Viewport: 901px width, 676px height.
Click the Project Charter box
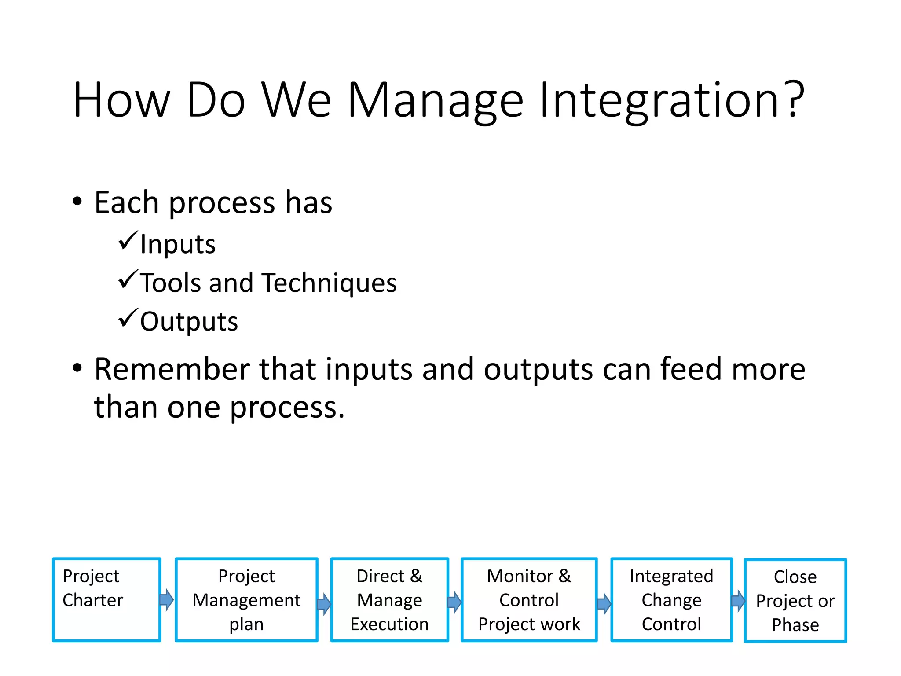pos(106,599)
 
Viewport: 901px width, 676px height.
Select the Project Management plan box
pos(246,599)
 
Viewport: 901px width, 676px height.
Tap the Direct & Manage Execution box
pos(389,599)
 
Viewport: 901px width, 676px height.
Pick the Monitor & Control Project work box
pos(529,599)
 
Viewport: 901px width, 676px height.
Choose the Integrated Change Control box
pos(671,599)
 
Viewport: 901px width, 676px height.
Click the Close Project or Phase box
pos(795,600)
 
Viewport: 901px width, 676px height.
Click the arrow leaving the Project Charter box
pos(167,599)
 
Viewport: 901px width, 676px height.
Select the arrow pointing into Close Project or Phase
pos(738,601)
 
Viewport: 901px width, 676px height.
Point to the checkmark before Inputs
pos(128,241)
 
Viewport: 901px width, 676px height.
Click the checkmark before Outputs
pos(128,318)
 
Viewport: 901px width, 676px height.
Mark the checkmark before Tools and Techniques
pos(128,279)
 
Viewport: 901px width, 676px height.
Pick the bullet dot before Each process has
pos(77,202)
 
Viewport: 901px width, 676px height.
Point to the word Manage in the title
pos(436,101)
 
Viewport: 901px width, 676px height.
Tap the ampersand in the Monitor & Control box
pos(564,576)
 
